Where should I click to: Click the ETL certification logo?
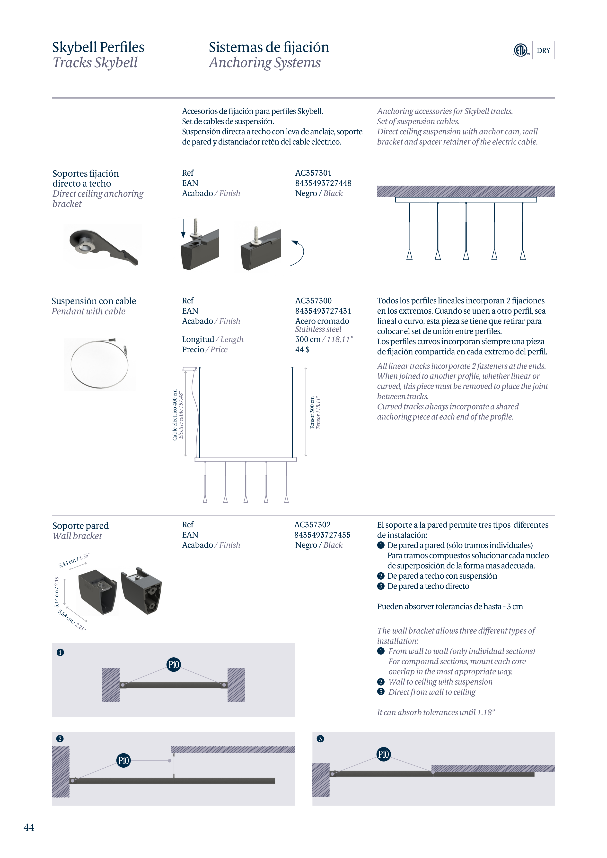[x=521, y=50]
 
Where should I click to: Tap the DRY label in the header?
[x=543, y=51]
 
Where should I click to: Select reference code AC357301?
[x=313, y=173]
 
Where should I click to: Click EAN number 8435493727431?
[x=323, y=311]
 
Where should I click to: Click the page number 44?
[x=29, y=827]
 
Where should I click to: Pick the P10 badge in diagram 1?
[x=174, y=664]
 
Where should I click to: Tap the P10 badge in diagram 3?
[x=383, y=754]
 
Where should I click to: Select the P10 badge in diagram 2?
[x=123, y=760]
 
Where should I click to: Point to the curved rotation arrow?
[x=298, y=253]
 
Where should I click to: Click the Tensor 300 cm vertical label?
[x=312, y=412]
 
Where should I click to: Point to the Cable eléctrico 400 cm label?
[x=175, y=415]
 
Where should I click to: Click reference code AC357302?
[x=312, y=525]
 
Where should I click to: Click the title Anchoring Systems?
[x=264, y=63]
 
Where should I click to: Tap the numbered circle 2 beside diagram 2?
[x=60, y=739]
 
